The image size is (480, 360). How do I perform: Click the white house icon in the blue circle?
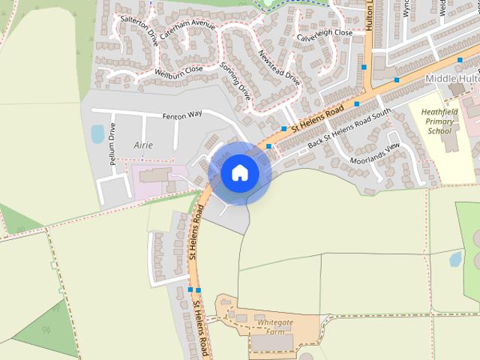click(x=240, y=172)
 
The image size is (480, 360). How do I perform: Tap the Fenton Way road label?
click(x=183, y=115)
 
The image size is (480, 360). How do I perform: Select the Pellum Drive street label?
click(x=112, y=144)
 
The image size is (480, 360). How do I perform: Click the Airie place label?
click(x=142, y=144)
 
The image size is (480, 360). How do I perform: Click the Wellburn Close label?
click(x=178, y=71)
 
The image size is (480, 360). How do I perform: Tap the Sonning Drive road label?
click(x=235, y=81)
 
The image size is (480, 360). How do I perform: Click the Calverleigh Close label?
click(x=324, y=34)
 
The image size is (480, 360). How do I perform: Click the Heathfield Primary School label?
click(x=439, y=121)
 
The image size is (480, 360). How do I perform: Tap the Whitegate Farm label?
click(x=275, y=326)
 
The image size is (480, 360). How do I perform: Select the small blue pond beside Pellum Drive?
click(x=97, y=134)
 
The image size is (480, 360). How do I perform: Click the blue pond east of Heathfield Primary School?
click(x=455, y=259)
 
